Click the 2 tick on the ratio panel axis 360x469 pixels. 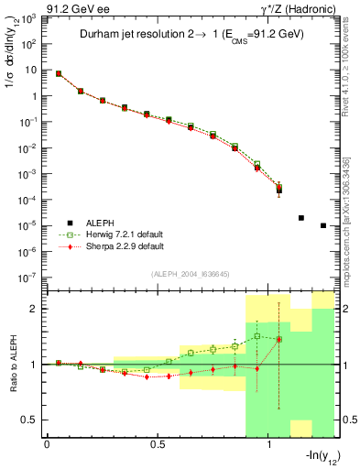pyautogui.click(x=34, y=309)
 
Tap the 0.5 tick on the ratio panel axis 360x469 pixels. pyautogui.click(x=30, y=420)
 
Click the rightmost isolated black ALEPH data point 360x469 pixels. pyautogui.click(x=323, y=225)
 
